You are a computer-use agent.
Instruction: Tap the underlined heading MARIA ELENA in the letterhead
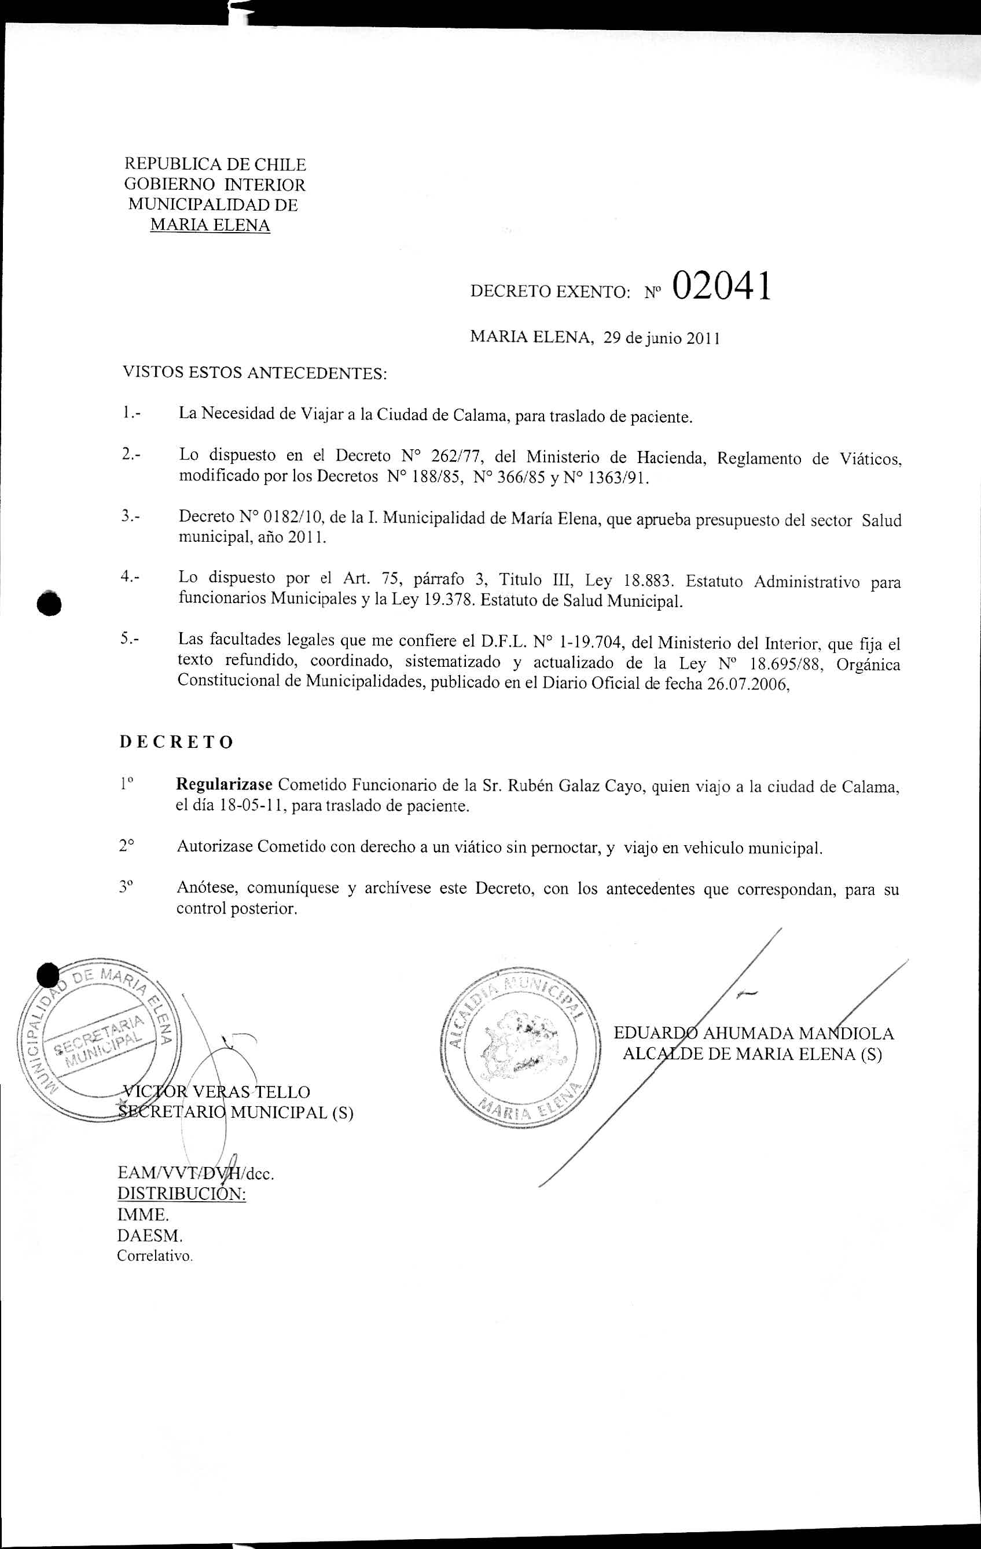tap(210, 225)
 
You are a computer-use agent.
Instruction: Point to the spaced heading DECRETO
tap(177, 742)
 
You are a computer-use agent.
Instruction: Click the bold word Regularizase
tap(225, 785)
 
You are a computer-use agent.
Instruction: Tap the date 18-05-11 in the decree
tap(253, 806)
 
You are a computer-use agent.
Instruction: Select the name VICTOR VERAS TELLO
tap(216, 1092)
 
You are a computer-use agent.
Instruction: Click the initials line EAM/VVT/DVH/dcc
tap(196, 1173)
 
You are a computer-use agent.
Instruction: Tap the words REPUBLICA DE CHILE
tap(215, 164)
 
